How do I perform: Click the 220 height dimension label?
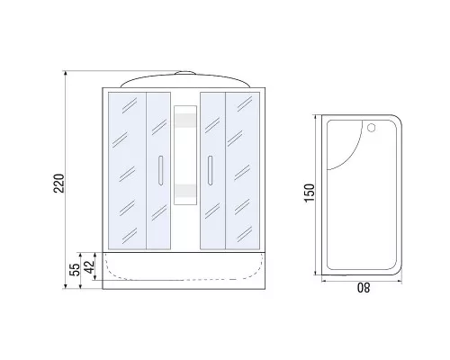coord(58,184)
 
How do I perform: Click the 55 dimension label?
coord(75,270)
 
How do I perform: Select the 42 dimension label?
coord(89,266)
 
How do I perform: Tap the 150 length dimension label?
coord(310,193)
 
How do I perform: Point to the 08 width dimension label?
coord(364,288)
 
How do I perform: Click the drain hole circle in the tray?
coord(372,128)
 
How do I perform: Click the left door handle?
coord(160,170)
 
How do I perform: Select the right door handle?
coord(210,170)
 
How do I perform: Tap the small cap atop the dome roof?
coord(185,73)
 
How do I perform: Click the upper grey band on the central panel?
coord(185,120)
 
